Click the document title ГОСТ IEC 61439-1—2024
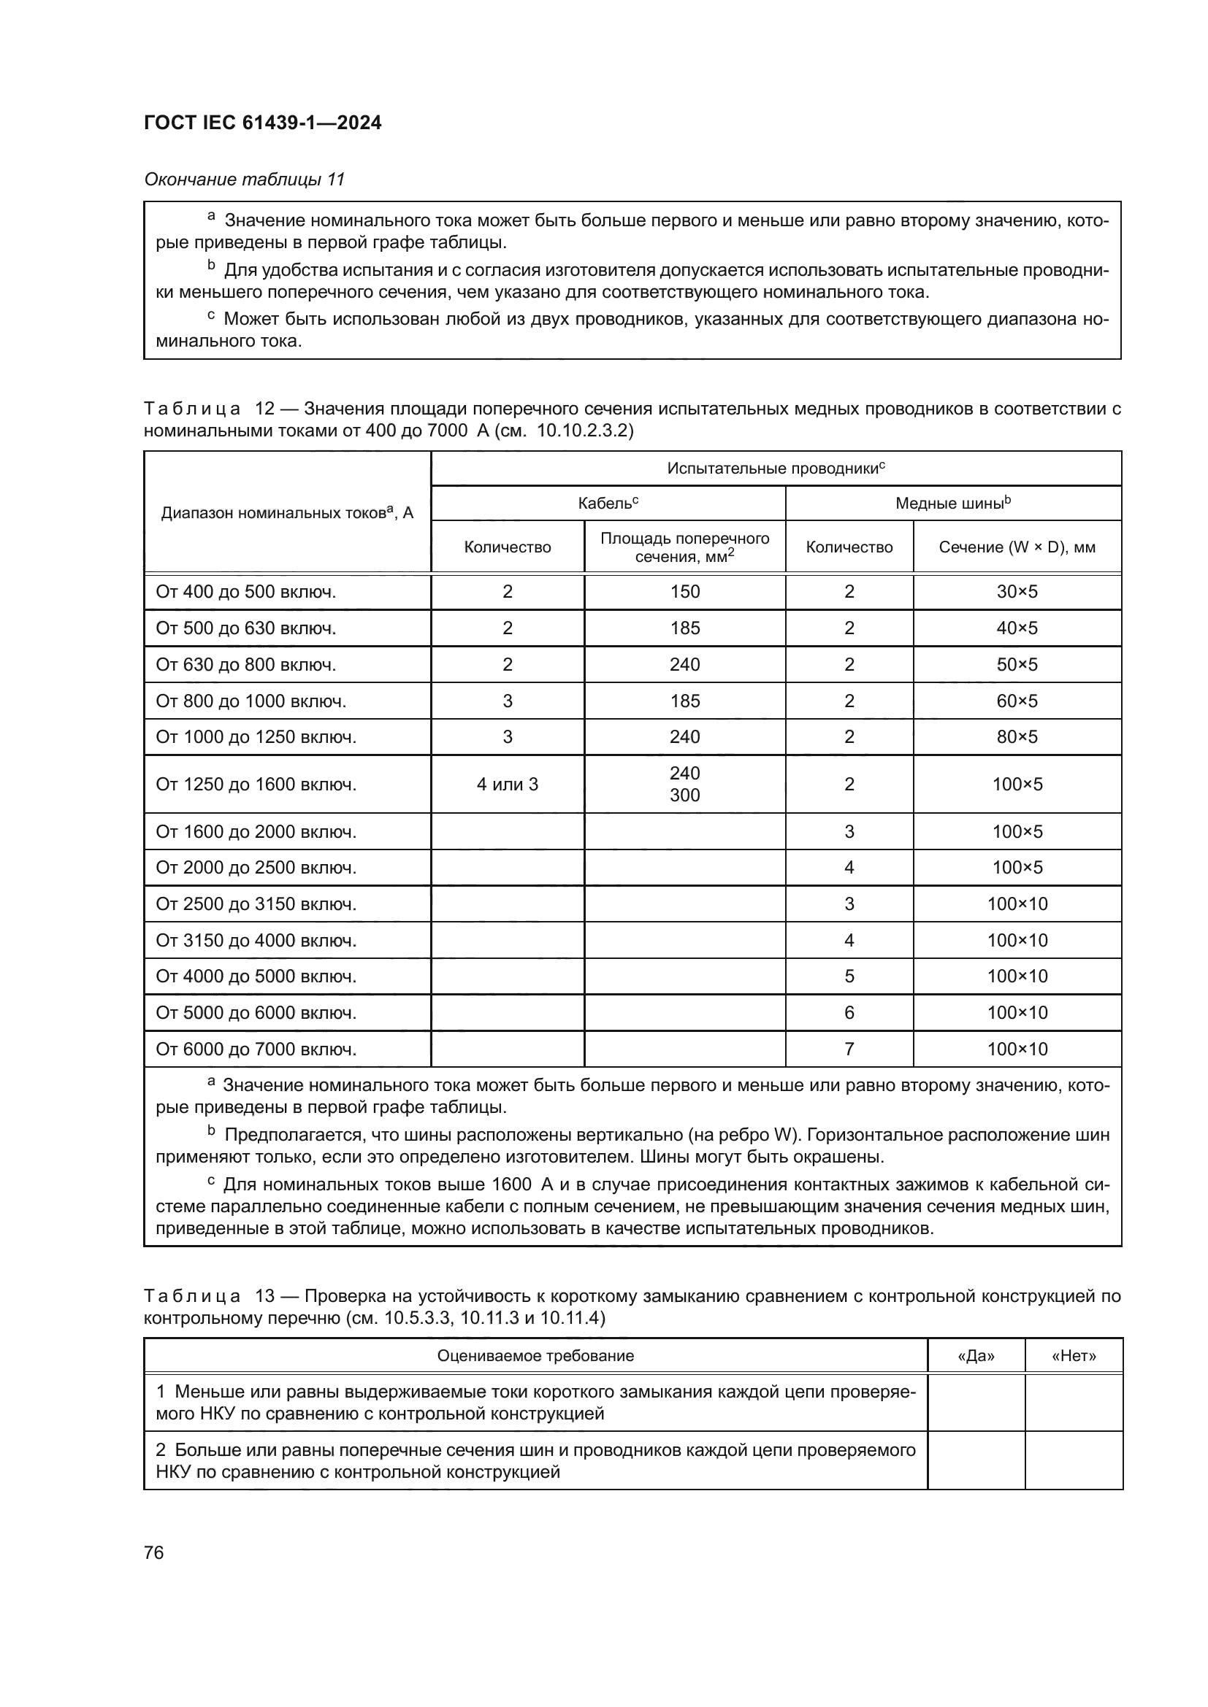(263, 123)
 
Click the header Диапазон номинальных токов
(287, 512)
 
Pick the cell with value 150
(684, 592)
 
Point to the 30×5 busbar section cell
(1017, 592)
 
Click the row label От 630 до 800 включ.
(245, 665)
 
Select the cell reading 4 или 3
(508, 785)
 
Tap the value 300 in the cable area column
(684, 795)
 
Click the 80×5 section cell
(1017, 737)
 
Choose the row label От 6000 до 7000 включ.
(256, 1049)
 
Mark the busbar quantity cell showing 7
(849, 1049)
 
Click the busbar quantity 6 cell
(849, 1013)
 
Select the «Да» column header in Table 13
(976, 1355)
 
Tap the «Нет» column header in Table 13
(1074, 1355)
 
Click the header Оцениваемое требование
(535, 1355)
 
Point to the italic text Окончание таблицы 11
(244, 180)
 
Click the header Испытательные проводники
(775, 469)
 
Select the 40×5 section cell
(1017, 628)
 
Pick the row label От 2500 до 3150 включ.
(256, 904)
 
